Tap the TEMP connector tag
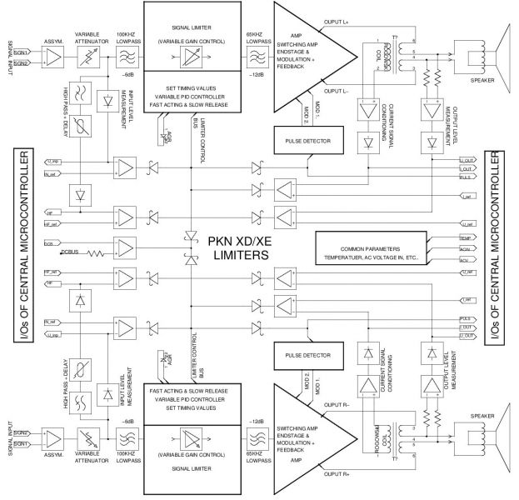pos(466,238)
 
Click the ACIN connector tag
pos(466,248)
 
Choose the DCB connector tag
pos(49,243)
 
